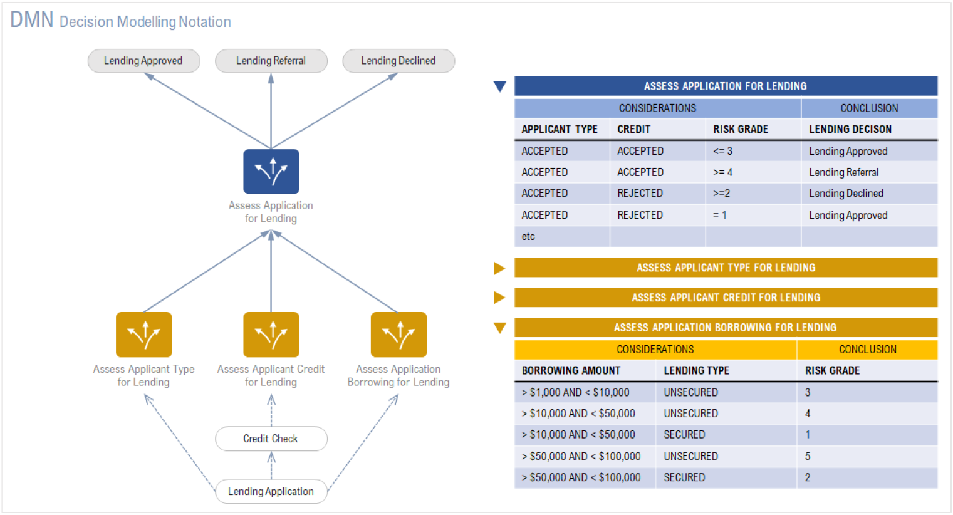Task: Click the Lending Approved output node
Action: point(143,61)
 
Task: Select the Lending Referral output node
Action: point(271,61)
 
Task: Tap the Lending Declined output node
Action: point(398,61)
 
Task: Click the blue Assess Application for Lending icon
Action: point(271,171)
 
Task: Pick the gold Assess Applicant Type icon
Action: point(143,335)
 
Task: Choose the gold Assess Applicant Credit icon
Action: point(271,335)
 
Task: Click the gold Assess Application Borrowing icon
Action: point(398,335)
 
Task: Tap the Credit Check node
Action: point(271,439)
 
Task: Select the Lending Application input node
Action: point(271,491)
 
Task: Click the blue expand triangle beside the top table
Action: point(499,86)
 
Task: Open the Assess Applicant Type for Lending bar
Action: point(726,268)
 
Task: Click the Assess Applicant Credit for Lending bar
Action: point(726,298)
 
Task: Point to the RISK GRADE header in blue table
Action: point(740,129)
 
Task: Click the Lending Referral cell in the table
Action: point(843,172)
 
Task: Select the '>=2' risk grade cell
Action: point(721,194)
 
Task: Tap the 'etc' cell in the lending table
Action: point(528,236)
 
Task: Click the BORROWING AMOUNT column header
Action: point(571,370)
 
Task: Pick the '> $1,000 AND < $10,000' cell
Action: point(575,392)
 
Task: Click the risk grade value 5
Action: point(808,456)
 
